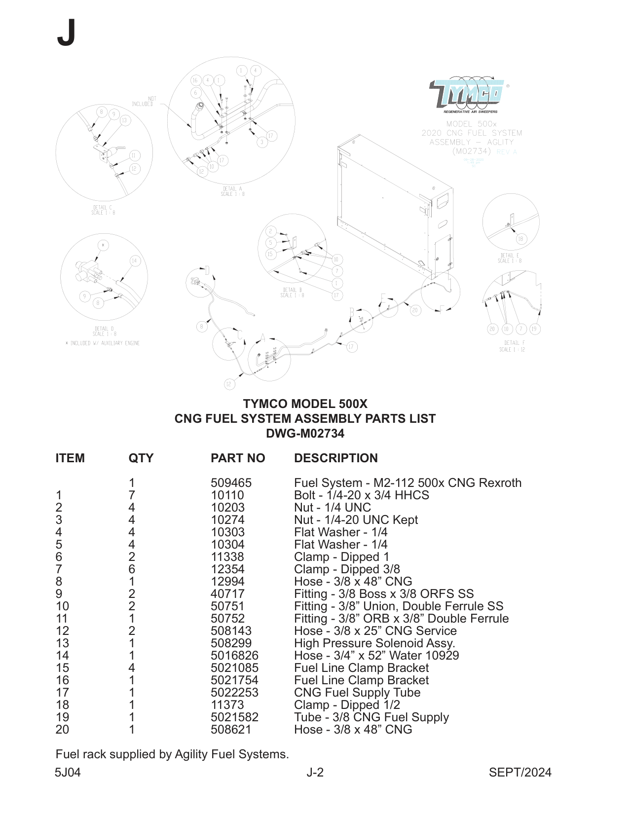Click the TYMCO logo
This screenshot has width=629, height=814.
[x=466, y=95]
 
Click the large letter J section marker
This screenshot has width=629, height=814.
[x=66, y=33]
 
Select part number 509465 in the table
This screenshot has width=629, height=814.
[x=231, y=482]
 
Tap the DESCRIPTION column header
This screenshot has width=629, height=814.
[x=335, y=458]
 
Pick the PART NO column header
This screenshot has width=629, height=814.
[x=237, y=458]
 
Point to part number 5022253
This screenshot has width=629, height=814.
[x=234, y=692]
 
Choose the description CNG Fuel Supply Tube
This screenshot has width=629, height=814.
[x=357, y=692]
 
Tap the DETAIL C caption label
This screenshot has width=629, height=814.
[x=103, y=210]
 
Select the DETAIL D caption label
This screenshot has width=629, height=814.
[x=104, y=331]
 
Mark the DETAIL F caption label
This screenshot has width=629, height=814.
[x=512, y=346]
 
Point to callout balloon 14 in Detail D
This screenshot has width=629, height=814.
[x=135, y=261]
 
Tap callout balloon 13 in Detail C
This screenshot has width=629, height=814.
[x=124, y=120]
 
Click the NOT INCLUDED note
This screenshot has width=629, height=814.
[x=143, y=102]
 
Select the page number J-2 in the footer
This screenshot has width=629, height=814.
[x=315, y=772]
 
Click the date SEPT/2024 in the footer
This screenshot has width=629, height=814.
[x=519, y=772]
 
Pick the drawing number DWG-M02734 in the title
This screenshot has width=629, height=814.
[x=305, y=434]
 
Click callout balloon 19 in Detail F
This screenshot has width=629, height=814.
[x=534, y=329]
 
